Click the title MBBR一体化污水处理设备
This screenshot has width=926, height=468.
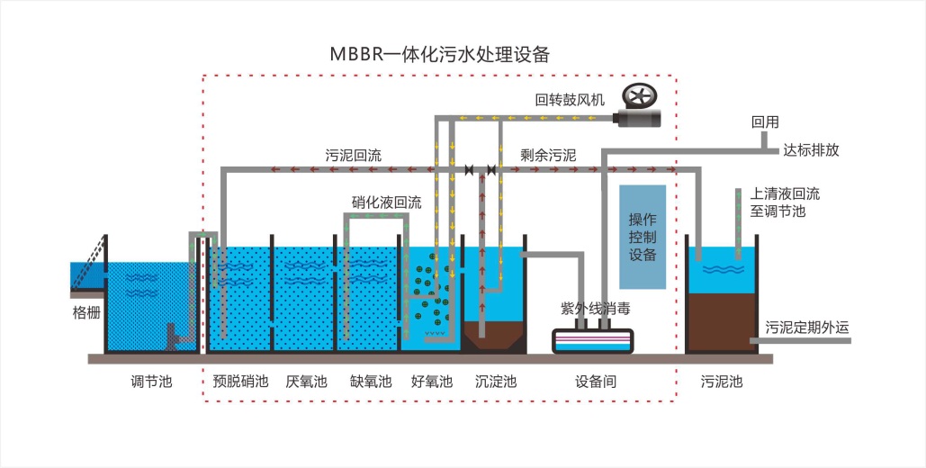tap(439, 53)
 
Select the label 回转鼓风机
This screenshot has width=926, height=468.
tap(571, 99)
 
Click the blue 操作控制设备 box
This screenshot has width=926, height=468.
tap(643, 237)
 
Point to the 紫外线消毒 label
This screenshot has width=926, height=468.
tap(595, 308)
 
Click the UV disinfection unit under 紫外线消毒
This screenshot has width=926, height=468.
tap(592, 340)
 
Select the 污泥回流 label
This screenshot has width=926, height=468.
tap(353, 155)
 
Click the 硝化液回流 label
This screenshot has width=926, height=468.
tap(386, 202)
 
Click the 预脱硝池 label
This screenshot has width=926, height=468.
tap(241, 382)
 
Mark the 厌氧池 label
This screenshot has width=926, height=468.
tap(306, 382)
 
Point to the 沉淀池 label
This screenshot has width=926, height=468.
tap(496, 382)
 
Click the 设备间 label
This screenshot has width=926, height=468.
tap(596, 382)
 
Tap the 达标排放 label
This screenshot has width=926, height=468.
tap(811, 150)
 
